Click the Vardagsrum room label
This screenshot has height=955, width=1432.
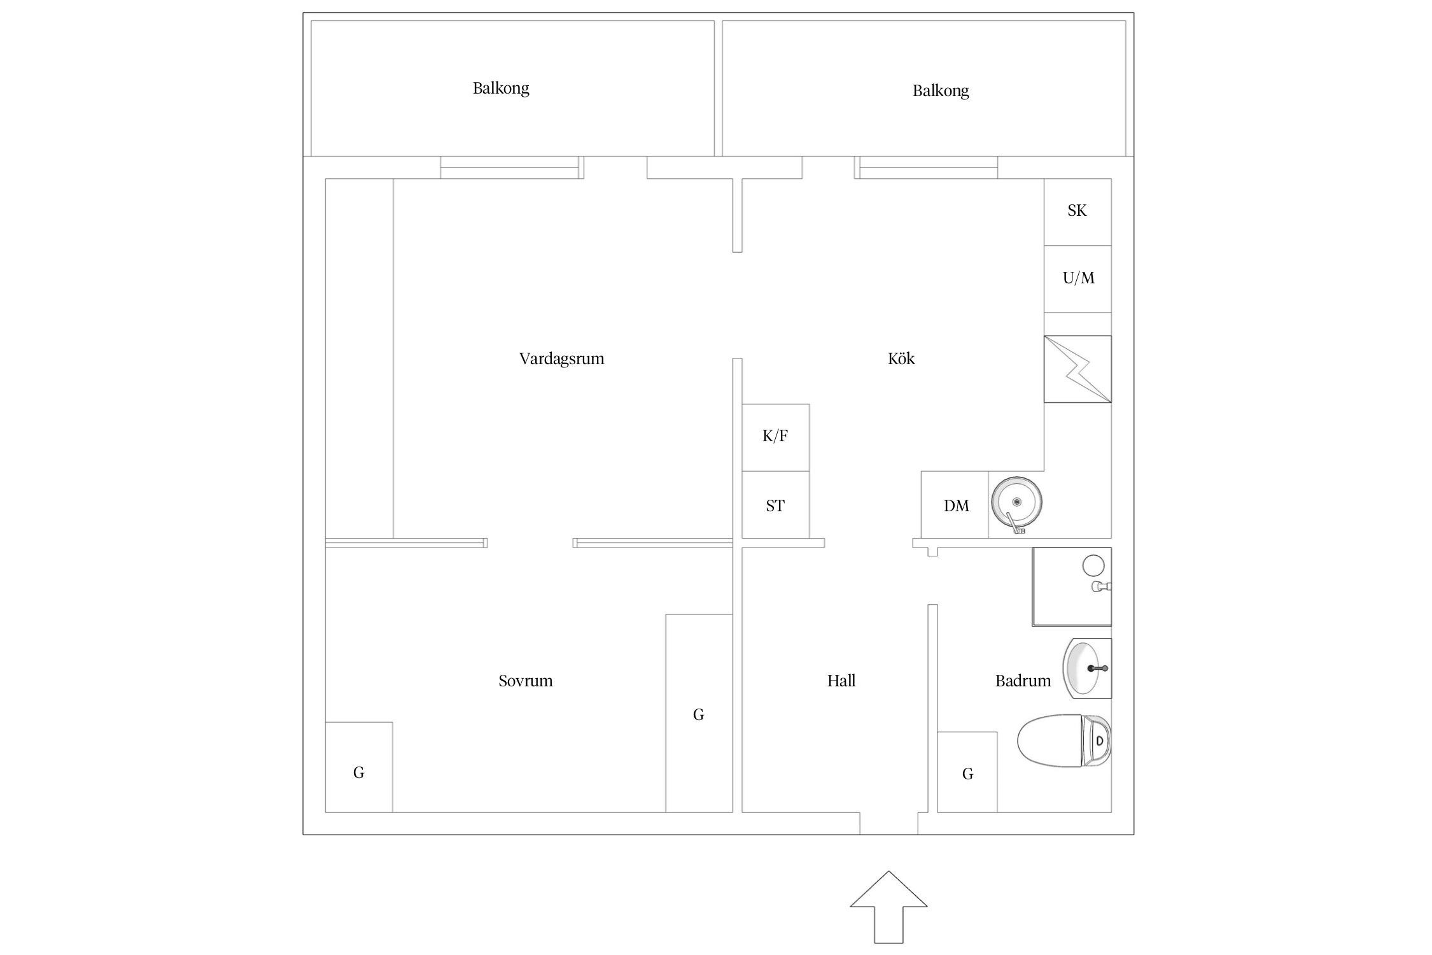coord(561,358)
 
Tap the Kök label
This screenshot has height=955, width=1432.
coord(901,358)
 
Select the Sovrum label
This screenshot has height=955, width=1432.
coord(526,681)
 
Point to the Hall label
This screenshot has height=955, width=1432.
coord(841,681)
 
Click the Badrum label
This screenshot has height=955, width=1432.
coord(1023,681)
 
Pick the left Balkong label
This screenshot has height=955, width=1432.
coord(501,88)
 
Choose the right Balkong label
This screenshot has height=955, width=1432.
coord(941,90)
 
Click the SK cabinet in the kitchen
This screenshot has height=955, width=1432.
coord(1078,212)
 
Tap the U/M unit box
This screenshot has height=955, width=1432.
coord(1078,279)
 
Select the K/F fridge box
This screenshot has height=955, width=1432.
coord(776,437)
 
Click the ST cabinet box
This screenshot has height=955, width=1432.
coord(776,505)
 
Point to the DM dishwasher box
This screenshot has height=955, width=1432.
coord(955,505)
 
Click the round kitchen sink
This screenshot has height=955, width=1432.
coord(1016,502)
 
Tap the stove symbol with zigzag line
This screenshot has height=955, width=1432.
coord(1078,369)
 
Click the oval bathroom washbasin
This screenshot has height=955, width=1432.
coord(1086,668)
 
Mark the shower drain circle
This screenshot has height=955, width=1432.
coord(1093,565)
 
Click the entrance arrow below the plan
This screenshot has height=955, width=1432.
coord(888,907)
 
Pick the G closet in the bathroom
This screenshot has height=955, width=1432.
coord(967,772)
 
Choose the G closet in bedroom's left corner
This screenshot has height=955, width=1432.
coord(359,767)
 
